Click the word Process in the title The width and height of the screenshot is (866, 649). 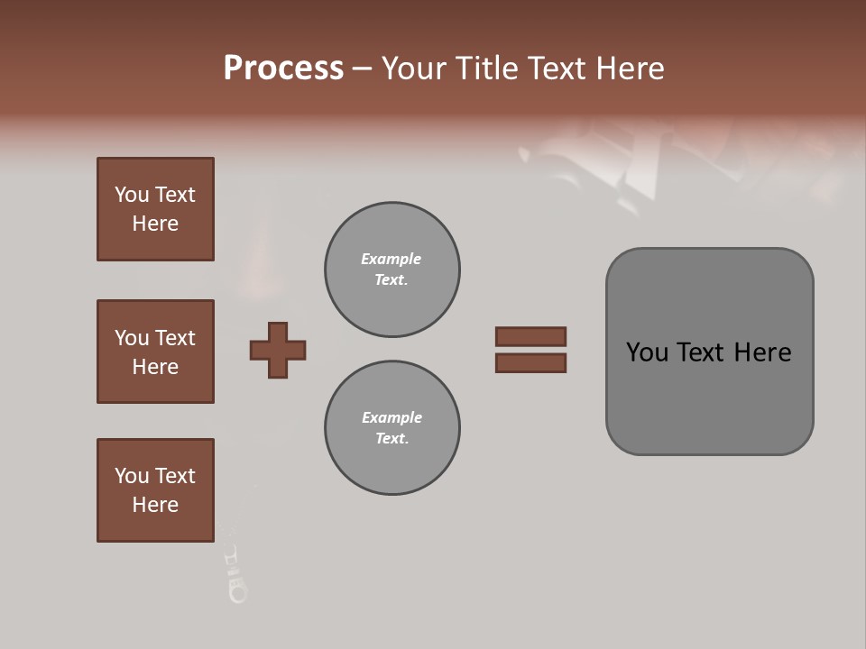pos(283,69)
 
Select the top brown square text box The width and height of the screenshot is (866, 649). pos(155,209)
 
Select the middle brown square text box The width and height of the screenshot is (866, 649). pos(155,352)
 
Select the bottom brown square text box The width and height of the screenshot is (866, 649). pos(155,490)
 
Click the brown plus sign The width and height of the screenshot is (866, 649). pos(278,350)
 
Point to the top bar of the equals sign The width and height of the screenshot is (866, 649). pos(530,336)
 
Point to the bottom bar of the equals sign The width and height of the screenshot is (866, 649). pos(530,363)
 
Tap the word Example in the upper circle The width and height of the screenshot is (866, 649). pos(392,260)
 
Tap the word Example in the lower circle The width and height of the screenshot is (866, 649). pos(392,418)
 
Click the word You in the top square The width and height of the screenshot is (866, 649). pos(131,196)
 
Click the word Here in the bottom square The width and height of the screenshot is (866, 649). pos(155,506)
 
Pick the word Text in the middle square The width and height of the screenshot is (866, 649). pos(174,338)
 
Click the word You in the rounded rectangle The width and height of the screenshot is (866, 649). pos(647,352)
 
